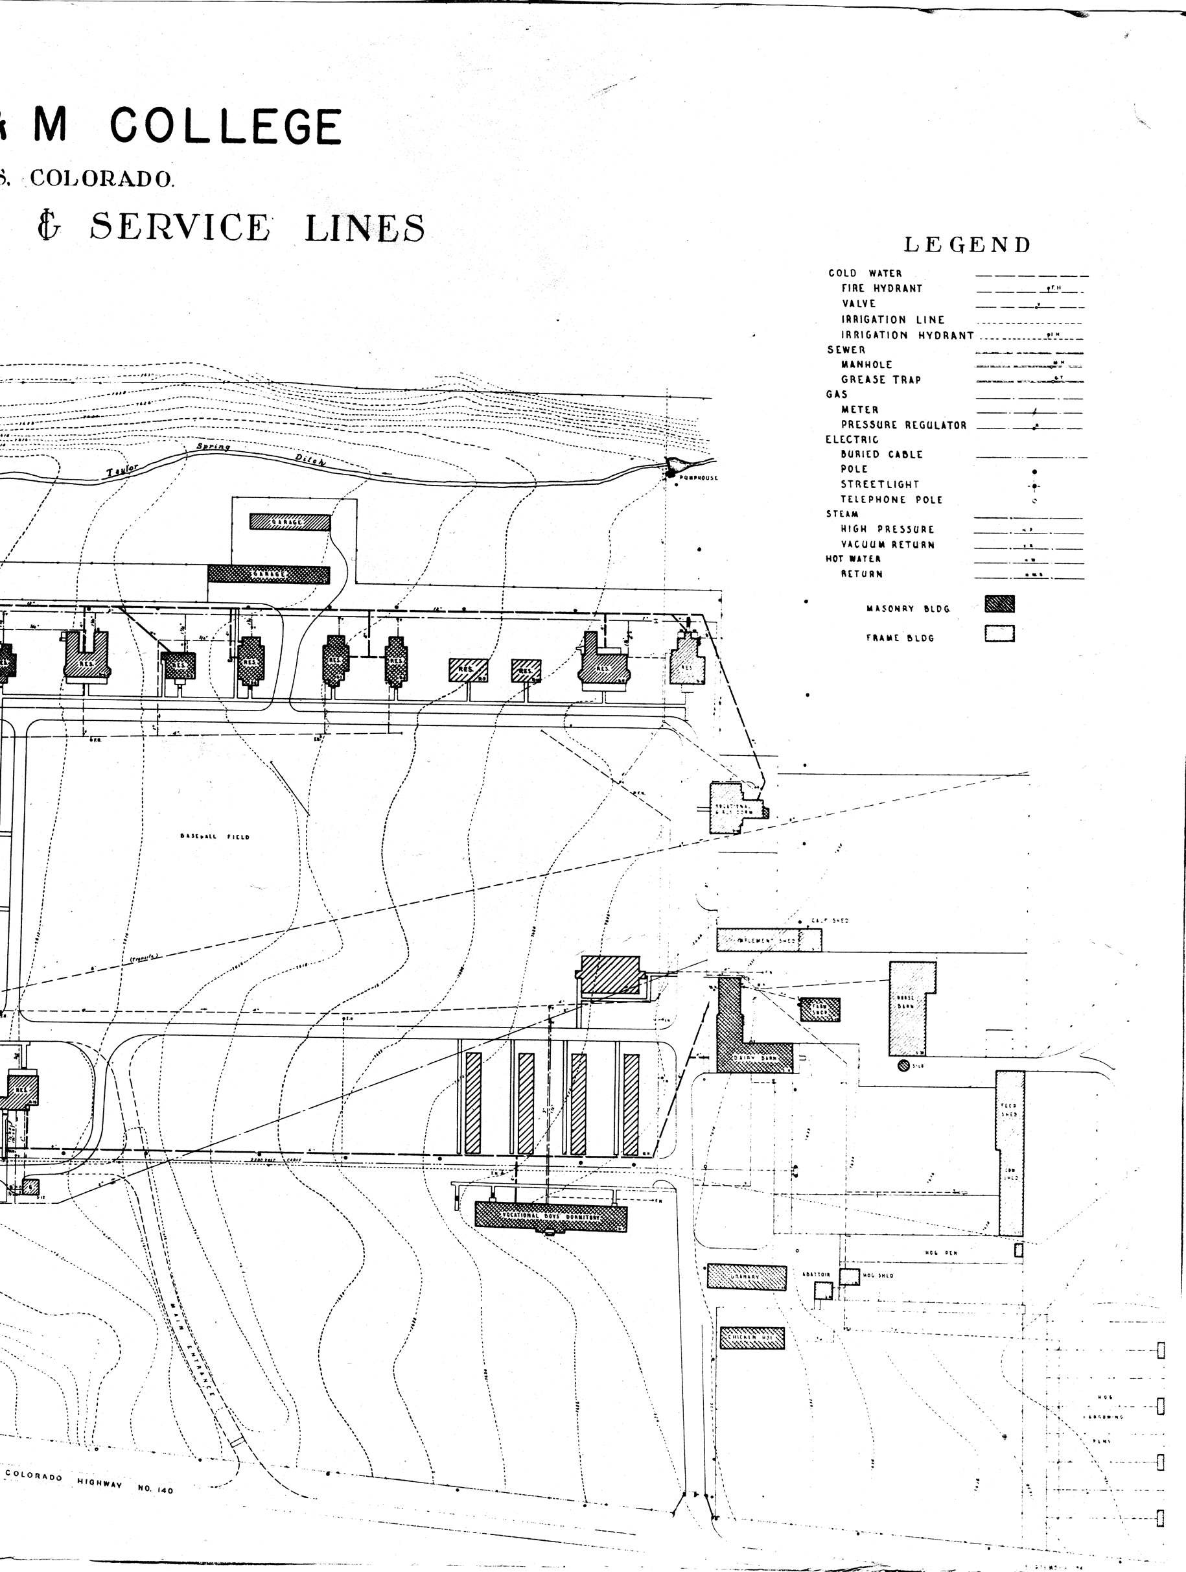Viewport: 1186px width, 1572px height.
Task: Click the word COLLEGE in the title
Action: (226, 126)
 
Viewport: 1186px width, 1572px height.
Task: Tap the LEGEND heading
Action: (967, 245)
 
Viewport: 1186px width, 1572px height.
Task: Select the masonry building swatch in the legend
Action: (999, 604)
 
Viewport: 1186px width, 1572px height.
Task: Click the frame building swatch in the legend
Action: (999, 633)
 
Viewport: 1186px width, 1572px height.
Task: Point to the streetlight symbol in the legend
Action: (1034, 486)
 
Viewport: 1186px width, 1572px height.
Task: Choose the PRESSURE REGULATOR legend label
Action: (903, 426)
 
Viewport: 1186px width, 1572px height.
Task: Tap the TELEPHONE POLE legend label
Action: (891, 500)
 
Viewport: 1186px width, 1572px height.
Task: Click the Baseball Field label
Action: (215, 837)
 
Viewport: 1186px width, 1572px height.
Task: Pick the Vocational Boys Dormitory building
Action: (551, 1215)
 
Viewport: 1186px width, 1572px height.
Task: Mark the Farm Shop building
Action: (820, 1010)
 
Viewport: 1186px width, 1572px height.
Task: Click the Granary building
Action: (747, 1277)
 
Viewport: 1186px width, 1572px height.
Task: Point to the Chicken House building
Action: (752, 1338)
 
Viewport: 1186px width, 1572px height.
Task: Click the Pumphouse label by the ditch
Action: (698, 478)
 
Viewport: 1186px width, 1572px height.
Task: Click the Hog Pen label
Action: (941, 1253)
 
